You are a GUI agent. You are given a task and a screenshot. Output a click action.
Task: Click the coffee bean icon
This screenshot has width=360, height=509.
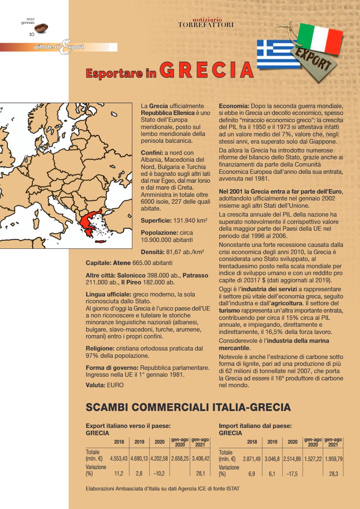pos(41,28)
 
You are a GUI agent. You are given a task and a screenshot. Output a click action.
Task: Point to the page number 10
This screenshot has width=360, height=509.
pos(31,34)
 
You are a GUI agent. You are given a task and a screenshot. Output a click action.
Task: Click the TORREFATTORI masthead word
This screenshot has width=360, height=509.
pos(206,25)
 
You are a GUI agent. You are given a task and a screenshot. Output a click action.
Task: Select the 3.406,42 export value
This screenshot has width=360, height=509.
pos(200,459)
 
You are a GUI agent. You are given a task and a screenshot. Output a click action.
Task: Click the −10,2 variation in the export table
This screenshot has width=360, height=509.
pos(158,474)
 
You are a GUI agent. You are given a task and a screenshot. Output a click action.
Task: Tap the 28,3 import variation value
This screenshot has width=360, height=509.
pos(334,474)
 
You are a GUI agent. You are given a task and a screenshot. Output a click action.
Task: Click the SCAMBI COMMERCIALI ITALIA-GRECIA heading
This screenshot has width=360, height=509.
pos(188,407)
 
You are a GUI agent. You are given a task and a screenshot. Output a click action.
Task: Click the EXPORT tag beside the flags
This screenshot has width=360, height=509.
pos(314,61)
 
